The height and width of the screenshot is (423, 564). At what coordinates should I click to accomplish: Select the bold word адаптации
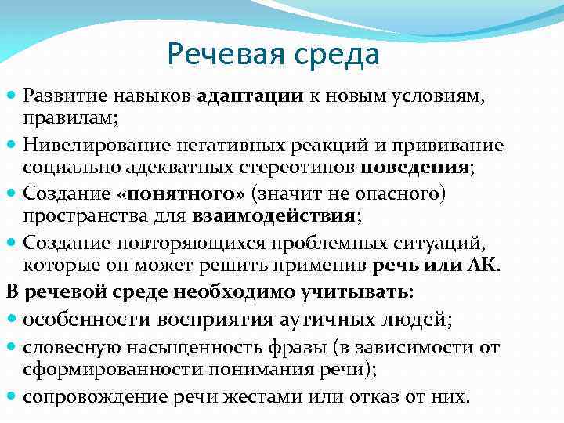(x=251, y=96)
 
